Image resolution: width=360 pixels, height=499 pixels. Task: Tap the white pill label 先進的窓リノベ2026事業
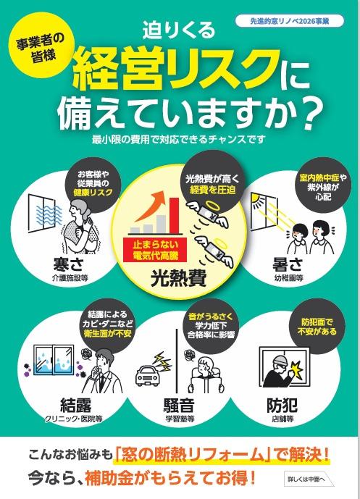click(x=290, y=21)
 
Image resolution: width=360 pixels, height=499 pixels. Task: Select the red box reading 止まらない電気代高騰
click(x=155, y=250)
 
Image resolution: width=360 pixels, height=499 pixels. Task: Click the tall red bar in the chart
click(x=174, y=215)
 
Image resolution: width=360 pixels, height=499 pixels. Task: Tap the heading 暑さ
click(x=288, y=264)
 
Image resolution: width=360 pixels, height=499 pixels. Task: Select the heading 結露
click(x=76, y=405)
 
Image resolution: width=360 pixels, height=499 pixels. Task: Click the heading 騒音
click(x=179, y=405)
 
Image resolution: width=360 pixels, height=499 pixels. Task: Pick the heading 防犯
click(x=282, y=405)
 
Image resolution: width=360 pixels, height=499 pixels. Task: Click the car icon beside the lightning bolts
click(x=148, y=374)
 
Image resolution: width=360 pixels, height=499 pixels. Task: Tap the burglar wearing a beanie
click(x=280, y=370)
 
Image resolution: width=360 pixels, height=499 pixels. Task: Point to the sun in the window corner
click(x=256, y=198)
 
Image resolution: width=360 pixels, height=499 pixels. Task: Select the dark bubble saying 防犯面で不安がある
click(x=317, y=327)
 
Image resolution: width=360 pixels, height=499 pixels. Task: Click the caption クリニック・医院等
click(x=74, y=419)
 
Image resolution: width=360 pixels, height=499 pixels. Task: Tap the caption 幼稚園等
click(x=289, y=278)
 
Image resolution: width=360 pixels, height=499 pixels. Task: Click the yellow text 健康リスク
click(x=93, y=192)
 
